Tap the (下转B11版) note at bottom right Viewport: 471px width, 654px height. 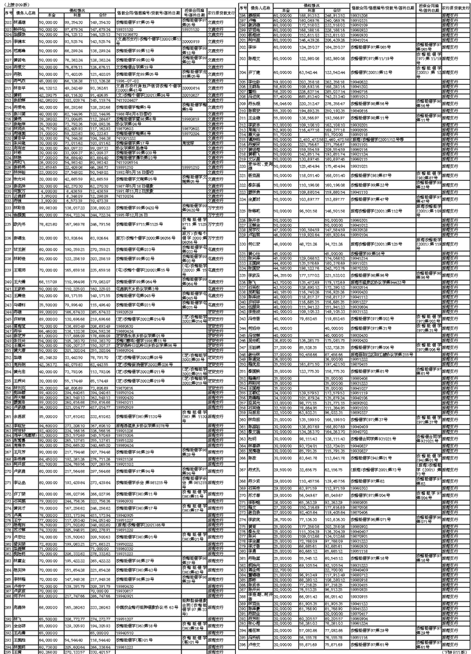coord(454,651)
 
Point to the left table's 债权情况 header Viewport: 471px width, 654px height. coord(77,9)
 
